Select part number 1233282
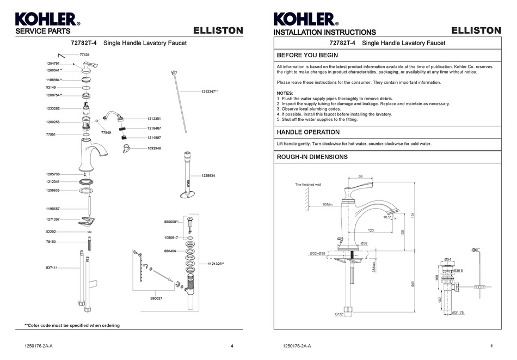click(53, 108)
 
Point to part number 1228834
click(208, 175)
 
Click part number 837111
click(52, 268)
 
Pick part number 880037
click(156, 298)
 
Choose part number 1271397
click(53, 219)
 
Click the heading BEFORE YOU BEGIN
click(307, 56)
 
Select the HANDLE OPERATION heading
click(308, 132)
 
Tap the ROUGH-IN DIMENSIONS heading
click(312, 157)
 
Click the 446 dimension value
click(413, 284)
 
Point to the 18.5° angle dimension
click(387, 217)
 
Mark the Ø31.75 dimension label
click(458, 312)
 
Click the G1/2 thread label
click(338, 314)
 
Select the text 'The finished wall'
click(308, 185)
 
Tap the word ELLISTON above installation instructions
click(476, 30)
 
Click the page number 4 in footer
click(232, 346)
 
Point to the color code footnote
click(72, 325)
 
